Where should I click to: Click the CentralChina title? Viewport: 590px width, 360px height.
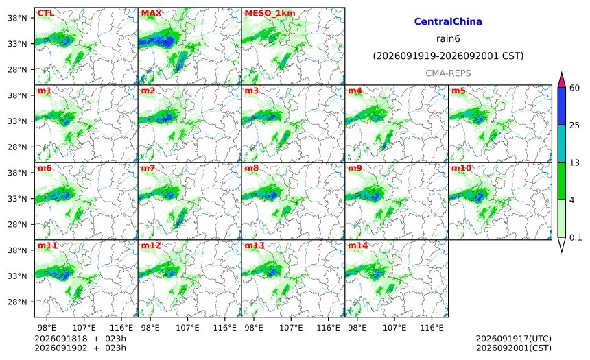point(448,21)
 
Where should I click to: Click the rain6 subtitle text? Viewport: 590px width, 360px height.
point(448,39)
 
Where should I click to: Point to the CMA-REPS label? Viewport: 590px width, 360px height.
point(448,73)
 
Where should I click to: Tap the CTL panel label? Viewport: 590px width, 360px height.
point(45,13)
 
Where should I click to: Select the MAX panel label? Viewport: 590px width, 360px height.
point(151,13)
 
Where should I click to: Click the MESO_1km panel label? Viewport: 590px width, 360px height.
point(270,13)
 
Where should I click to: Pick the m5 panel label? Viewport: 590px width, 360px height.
point(458,91)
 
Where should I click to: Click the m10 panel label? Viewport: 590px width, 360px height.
point(461,168)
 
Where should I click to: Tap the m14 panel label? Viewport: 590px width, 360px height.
point(358,245)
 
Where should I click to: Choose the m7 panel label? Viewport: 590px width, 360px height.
point(148,168)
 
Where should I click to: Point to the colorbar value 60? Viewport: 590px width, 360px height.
point(575,88)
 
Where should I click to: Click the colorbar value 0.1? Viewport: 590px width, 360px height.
point(576,237)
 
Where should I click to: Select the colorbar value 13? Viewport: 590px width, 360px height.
point(575,163)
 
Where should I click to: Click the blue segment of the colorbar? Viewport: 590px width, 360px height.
point(561,106)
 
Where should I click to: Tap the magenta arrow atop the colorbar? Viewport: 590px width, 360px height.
point(561,80)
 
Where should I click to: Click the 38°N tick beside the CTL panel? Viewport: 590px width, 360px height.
point(17,18)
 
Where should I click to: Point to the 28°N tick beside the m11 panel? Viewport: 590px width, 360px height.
point(17,302)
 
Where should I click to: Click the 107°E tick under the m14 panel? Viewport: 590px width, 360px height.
point(394,328)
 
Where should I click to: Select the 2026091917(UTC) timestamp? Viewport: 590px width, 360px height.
point(514,339)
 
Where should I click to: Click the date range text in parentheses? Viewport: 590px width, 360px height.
point(448,56)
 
